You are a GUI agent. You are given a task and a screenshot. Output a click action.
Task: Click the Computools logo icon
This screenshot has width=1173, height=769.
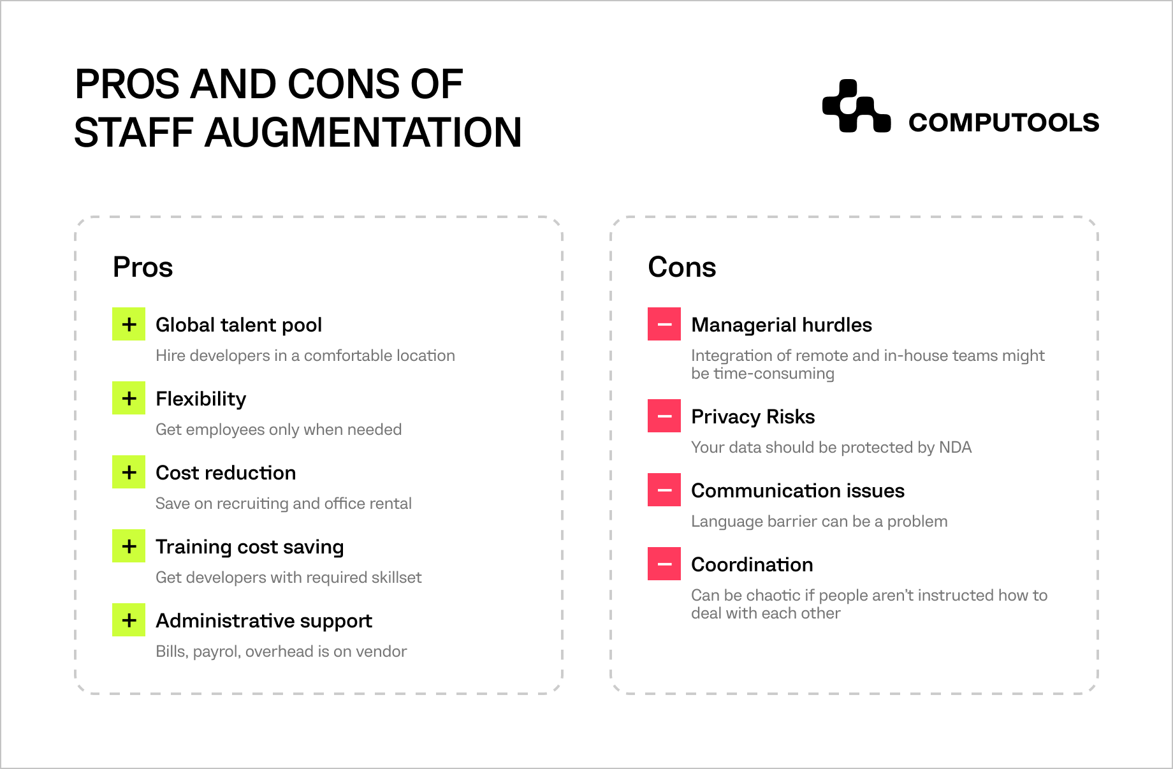[856, 106]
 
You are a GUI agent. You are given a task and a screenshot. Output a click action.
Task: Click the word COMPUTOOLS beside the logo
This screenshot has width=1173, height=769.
[1003, 122]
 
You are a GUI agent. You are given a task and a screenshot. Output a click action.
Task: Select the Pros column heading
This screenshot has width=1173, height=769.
[143, 267]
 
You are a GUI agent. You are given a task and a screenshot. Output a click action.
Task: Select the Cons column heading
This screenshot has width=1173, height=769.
[682, 267]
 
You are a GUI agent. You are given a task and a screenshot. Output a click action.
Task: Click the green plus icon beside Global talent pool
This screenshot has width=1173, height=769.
[129, 324]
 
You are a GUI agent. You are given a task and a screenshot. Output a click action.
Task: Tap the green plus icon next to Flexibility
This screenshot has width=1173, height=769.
[129, 398]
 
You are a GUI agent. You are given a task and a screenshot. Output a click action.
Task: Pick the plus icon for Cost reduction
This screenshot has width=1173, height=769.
[129, 472]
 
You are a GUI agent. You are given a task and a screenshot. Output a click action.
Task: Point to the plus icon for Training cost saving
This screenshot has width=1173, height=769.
[129, 546]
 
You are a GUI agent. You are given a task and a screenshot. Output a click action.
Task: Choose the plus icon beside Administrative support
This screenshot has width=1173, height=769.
[129, 620]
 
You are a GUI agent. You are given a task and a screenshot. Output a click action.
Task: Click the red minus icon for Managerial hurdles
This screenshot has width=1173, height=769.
[664, 324]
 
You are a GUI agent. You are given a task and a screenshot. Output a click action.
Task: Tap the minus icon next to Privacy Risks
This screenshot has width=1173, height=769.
[664, 416]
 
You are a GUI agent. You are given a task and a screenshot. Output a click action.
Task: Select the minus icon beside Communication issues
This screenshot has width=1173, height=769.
[664, 490]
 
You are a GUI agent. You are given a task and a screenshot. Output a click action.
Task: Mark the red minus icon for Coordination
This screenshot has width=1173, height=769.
[664, 564]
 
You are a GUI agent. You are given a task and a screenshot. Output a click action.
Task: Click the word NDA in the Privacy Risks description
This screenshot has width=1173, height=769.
[955, 447]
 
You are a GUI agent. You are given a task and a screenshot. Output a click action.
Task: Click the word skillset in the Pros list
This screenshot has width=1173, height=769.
[396, 577]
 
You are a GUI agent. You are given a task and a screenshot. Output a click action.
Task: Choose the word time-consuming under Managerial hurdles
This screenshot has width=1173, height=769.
[774, 374]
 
